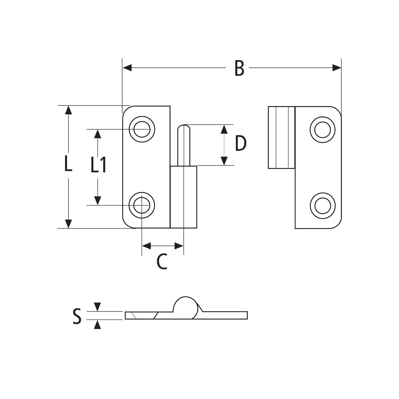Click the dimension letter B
pos(239,69)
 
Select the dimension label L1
pos(98,165)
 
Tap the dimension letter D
pos(241,144)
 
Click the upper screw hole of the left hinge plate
pos(142,129)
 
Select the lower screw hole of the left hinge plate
pos(142,205)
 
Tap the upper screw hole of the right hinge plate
pos(322,130)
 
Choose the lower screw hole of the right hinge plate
pos(322,206)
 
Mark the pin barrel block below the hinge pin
pos(184,197)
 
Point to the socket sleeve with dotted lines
pos(281,137)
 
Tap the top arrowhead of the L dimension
pos(68,110)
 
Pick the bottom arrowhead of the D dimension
pos(224,161)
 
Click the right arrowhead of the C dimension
pos(179,246)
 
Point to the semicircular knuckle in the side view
pos(186,306)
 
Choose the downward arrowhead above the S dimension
pos(98,307)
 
